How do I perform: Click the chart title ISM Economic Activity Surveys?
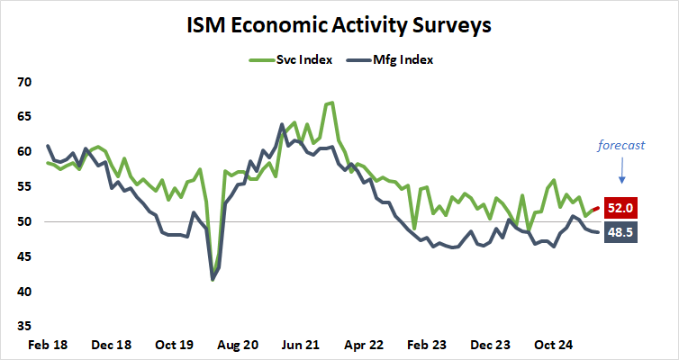click(339, 25)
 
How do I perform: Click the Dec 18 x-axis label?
click(112, 345)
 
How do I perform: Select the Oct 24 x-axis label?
click(555, 345)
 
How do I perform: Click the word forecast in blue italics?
click(622, 144)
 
